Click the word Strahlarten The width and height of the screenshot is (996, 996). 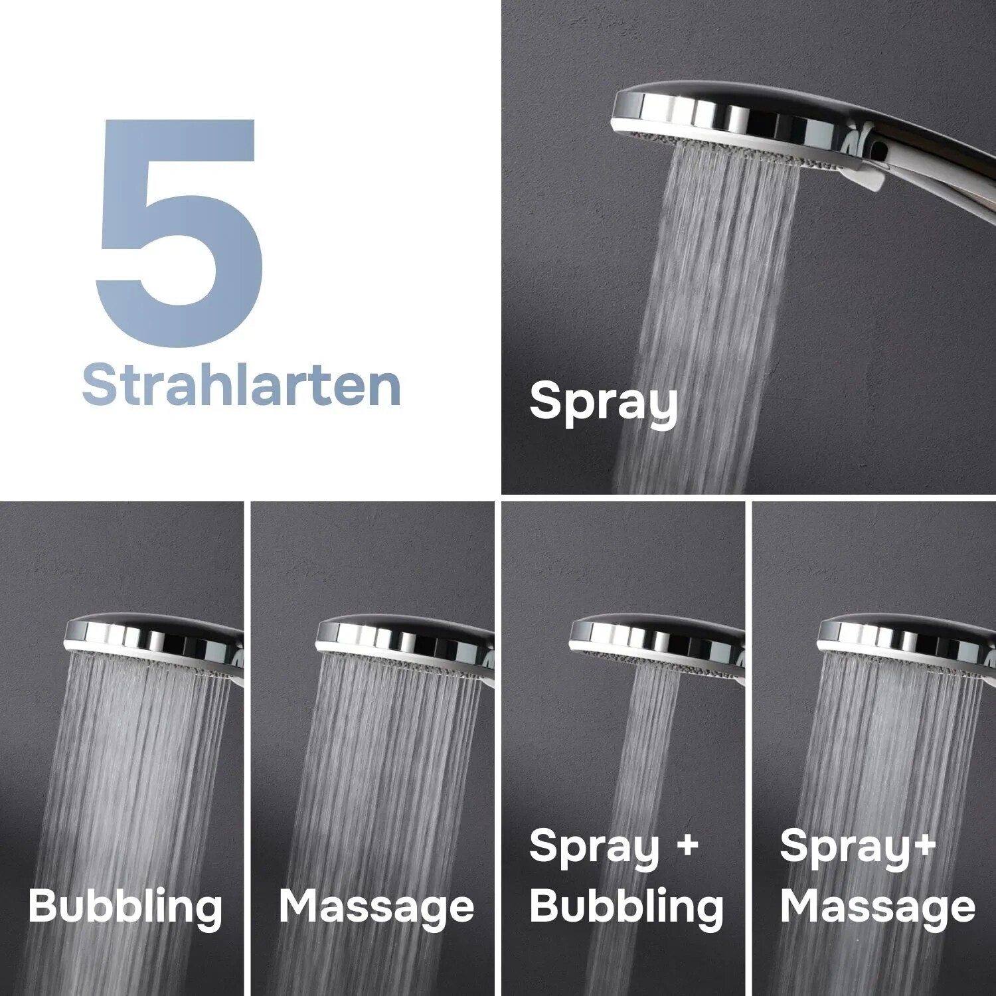[241, 384]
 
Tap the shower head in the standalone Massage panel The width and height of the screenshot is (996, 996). [405, 634]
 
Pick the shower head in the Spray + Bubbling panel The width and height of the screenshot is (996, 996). [657, 634]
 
